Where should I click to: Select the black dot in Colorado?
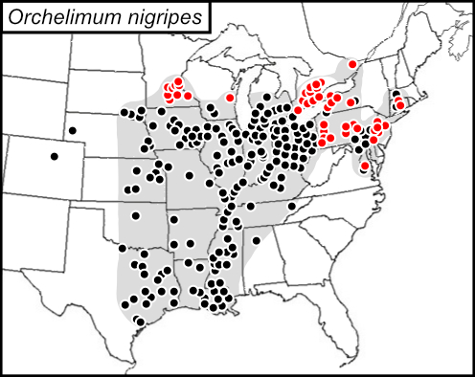click(55, 156)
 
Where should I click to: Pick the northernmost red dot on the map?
click(352, 64)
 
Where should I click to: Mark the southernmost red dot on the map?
click(365, 166)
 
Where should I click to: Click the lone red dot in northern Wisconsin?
click(230, 97)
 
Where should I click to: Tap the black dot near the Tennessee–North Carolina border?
click(291, 206)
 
